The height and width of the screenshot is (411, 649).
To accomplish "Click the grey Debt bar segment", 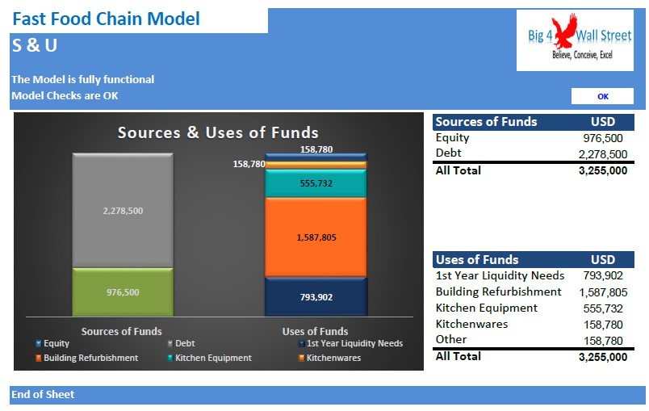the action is [x=123, y=211].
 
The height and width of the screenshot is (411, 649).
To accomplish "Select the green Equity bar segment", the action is [x=123, y=292].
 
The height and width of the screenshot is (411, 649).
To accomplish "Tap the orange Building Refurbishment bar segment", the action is [x=316, y=237].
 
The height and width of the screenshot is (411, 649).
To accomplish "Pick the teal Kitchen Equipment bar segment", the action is [x=316, y=183].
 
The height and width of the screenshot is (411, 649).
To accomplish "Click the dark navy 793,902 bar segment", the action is [x=316, y=297].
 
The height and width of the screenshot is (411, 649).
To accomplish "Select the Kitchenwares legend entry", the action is [x=329, y=358].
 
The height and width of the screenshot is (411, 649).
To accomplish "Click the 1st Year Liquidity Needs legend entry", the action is [x=350, y=343].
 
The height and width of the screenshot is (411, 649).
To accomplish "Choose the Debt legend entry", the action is [x=181, y=343].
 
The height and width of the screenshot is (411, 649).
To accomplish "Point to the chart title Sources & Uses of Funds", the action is [x=218, y=132].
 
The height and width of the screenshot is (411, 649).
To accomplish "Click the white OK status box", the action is [x=602, y=96].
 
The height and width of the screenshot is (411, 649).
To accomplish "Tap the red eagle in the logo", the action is [x=563, y=31].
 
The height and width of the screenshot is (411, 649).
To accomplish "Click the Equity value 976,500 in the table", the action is [x=603, y=138].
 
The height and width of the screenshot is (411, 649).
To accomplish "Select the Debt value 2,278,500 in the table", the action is [x=603, y=154].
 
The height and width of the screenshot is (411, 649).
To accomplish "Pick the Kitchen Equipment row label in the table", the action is [x=486, y=308].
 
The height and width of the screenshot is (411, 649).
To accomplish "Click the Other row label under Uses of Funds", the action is [x=451, y=340].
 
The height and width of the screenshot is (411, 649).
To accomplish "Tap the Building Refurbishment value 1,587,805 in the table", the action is [x=603, y=292].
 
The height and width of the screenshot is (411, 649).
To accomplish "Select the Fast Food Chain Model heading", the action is [x=107, y=19].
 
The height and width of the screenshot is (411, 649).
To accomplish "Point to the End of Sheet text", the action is [x=43, y=394].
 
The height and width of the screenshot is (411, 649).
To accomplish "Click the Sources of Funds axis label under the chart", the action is [x=121, y=332].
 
